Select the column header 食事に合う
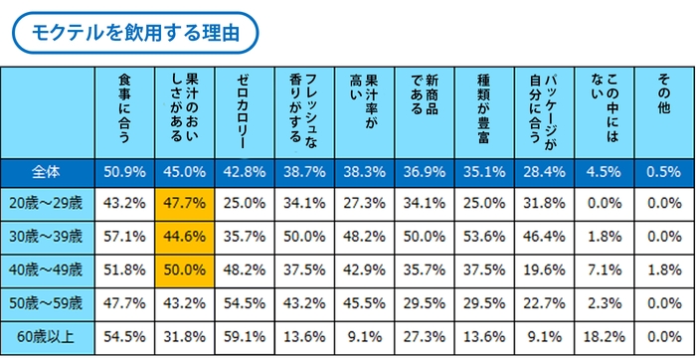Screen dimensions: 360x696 coord(124,111)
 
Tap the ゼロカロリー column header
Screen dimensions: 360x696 coord(245,111)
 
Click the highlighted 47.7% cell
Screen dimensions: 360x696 coord(184,204)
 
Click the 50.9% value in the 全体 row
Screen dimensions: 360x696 coord(124,172)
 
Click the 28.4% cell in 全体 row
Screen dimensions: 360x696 coord(542,172)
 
